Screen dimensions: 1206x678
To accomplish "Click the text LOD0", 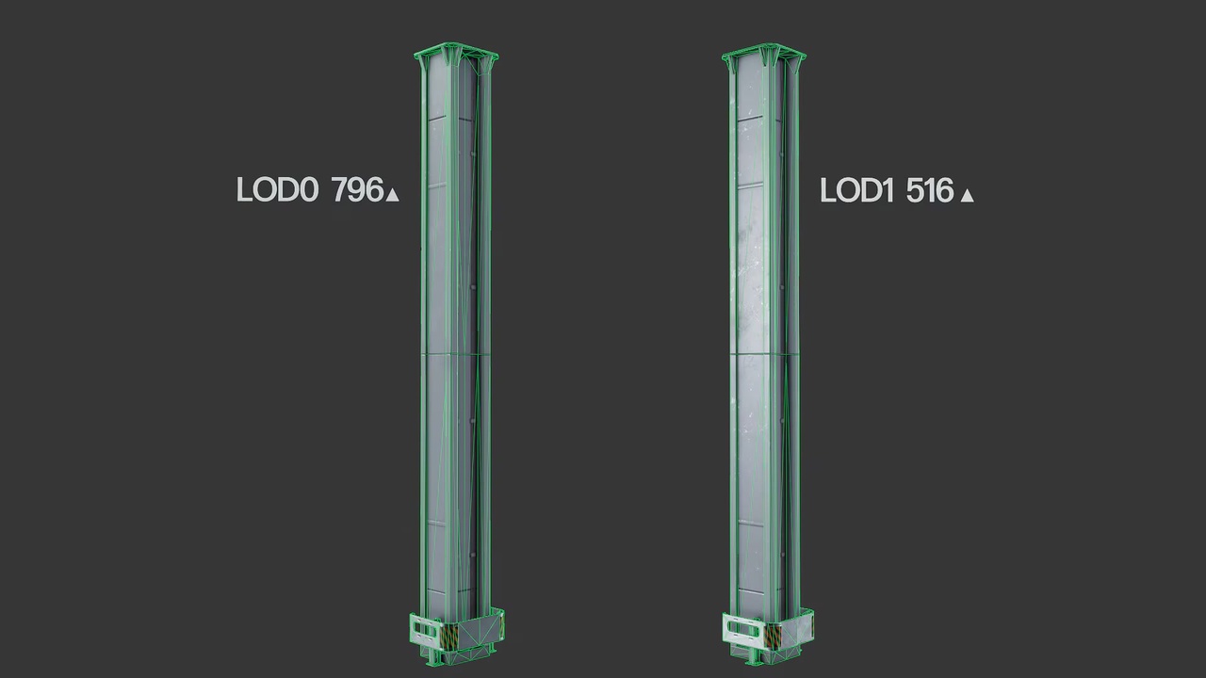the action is pos(278,189).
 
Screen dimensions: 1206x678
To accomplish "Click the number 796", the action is pos(357,189).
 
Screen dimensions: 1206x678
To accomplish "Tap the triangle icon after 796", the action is pos(393,194).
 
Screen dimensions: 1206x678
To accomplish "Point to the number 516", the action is pos(930,190).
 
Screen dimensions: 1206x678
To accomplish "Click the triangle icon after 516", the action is pos(968,195).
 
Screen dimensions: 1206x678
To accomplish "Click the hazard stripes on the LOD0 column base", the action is pos(449,635).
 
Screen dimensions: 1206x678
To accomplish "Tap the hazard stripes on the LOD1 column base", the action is pos(774,635).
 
